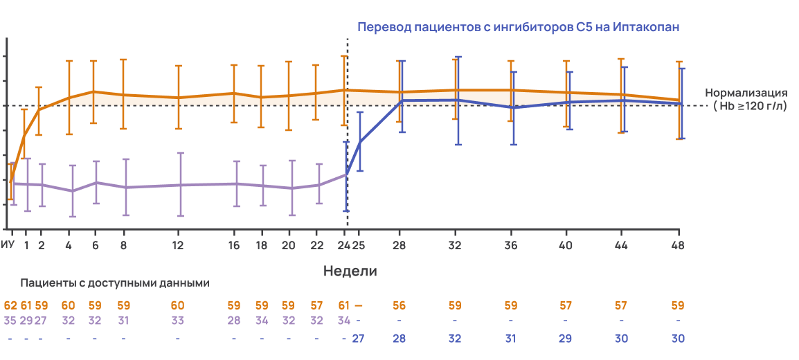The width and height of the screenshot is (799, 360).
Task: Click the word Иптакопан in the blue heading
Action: click(646, 28)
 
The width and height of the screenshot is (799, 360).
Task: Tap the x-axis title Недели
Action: click(350, 271)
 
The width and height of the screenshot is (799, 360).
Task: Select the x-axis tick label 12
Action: click(178, 245)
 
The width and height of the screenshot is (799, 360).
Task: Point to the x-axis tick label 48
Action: click(678, 245)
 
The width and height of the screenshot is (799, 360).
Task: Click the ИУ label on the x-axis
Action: click(8, 245)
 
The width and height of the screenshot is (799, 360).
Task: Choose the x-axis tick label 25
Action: click(359, 245)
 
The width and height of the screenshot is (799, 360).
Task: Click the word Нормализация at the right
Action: click(746, 93)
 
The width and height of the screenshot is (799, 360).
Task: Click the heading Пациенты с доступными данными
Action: click(115, 283)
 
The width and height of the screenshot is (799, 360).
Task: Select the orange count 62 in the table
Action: click(10, 305)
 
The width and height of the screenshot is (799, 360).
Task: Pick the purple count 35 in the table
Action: click(10, 320)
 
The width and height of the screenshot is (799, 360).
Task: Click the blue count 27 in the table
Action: click(359, 338)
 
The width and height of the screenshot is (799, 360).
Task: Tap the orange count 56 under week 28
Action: click(399, 305)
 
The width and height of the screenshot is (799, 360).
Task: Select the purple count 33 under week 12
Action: click(178, 320)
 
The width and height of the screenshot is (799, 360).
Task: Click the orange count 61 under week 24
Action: click(344, 305)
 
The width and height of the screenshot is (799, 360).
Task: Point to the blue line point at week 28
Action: click(402, 100)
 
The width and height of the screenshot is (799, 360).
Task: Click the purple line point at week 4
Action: click(72, 191)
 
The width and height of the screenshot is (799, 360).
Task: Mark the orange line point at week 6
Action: click(95, 91)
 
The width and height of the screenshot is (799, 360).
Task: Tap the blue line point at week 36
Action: click(513, 107)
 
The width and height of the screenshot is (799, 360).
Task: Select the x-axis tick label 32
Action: click(455, 245)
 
